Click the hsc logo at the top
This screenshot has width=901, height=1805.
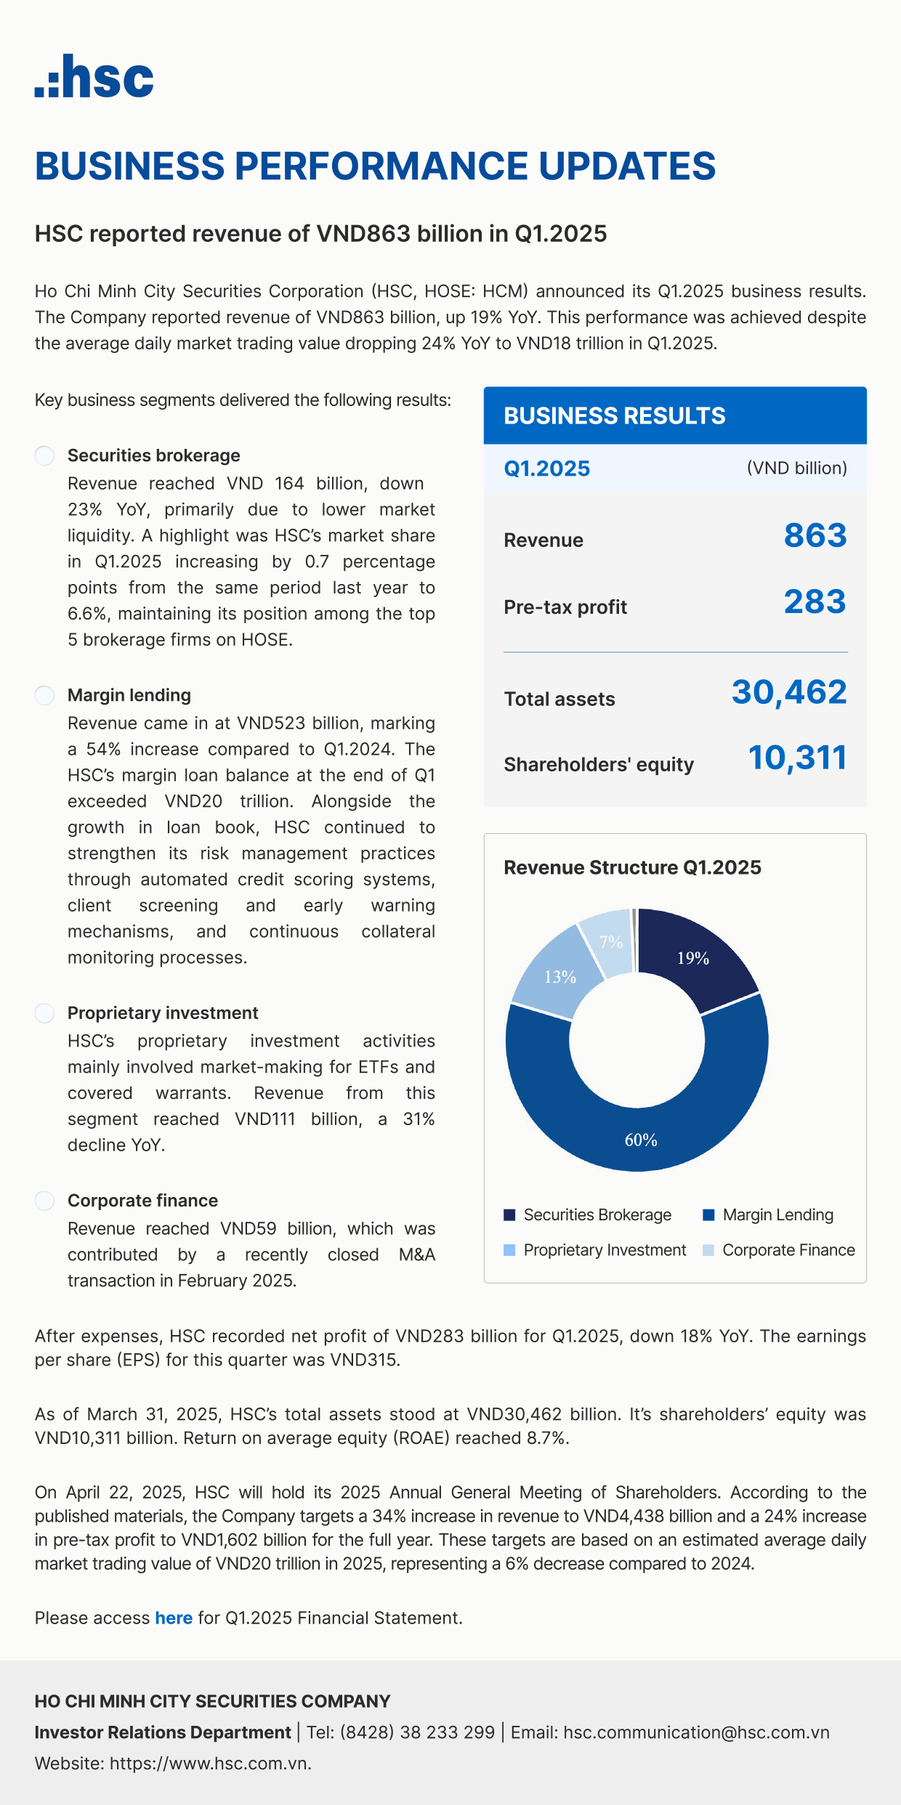(94, 76)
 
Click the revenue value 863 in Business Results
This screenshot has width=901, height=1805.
(815, 536)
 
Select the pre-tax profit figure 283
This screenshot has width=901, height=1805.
(815, 602)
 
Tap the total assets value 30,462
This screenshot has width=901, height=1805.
(789, 692)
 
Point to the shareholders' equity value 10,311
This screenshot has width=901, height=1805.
(797, 758)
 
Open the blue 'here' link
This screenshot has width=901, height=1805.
(174, 1618)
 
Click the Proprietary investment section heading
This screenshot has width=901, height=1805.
(163, 1013)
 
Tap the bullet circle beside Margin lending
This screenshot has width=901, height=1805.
(45, 695)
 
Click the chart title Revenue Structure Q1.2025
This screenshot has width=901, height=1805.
(632, 868)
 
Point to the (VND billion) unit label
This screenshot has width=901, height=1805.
(796, 469)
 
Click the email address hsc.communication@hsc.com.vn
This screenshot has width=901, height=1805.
(696, 1732)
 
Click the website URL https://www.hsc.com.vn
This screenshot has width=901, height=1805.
(210, 1764)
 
